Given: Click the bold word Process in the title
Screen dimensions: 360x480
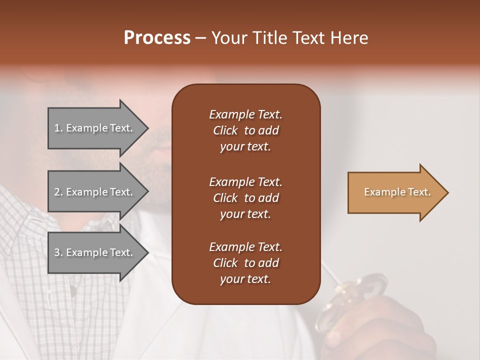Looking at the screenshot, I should point(157,38).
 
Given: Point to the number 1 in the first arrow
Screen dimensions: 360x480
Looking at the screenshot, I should point(57,128).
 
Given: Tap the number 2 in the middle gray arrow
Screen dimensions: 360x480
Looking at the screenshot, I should point(57,192).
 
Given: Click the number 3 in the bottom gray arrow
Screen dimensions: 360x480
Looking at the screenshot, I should point(57,252).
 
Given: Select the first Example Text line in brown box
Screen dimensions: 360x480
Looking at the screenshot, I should point(245,114).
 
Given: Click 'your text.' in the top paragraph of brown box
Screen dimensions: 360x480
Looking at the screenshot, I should point(245,147).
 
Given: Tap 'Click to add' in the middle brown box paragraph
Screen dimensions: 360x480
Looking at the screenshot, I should point(245,198).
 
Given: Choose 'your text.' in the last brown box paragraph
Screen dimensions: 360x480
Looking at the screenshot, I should point(245,279).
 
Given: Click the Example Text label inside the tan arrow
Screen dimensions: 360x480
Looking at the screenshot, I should point(397,192).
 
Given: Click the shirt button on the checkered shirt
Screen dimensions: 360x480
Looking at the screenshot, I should point(73,289).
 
